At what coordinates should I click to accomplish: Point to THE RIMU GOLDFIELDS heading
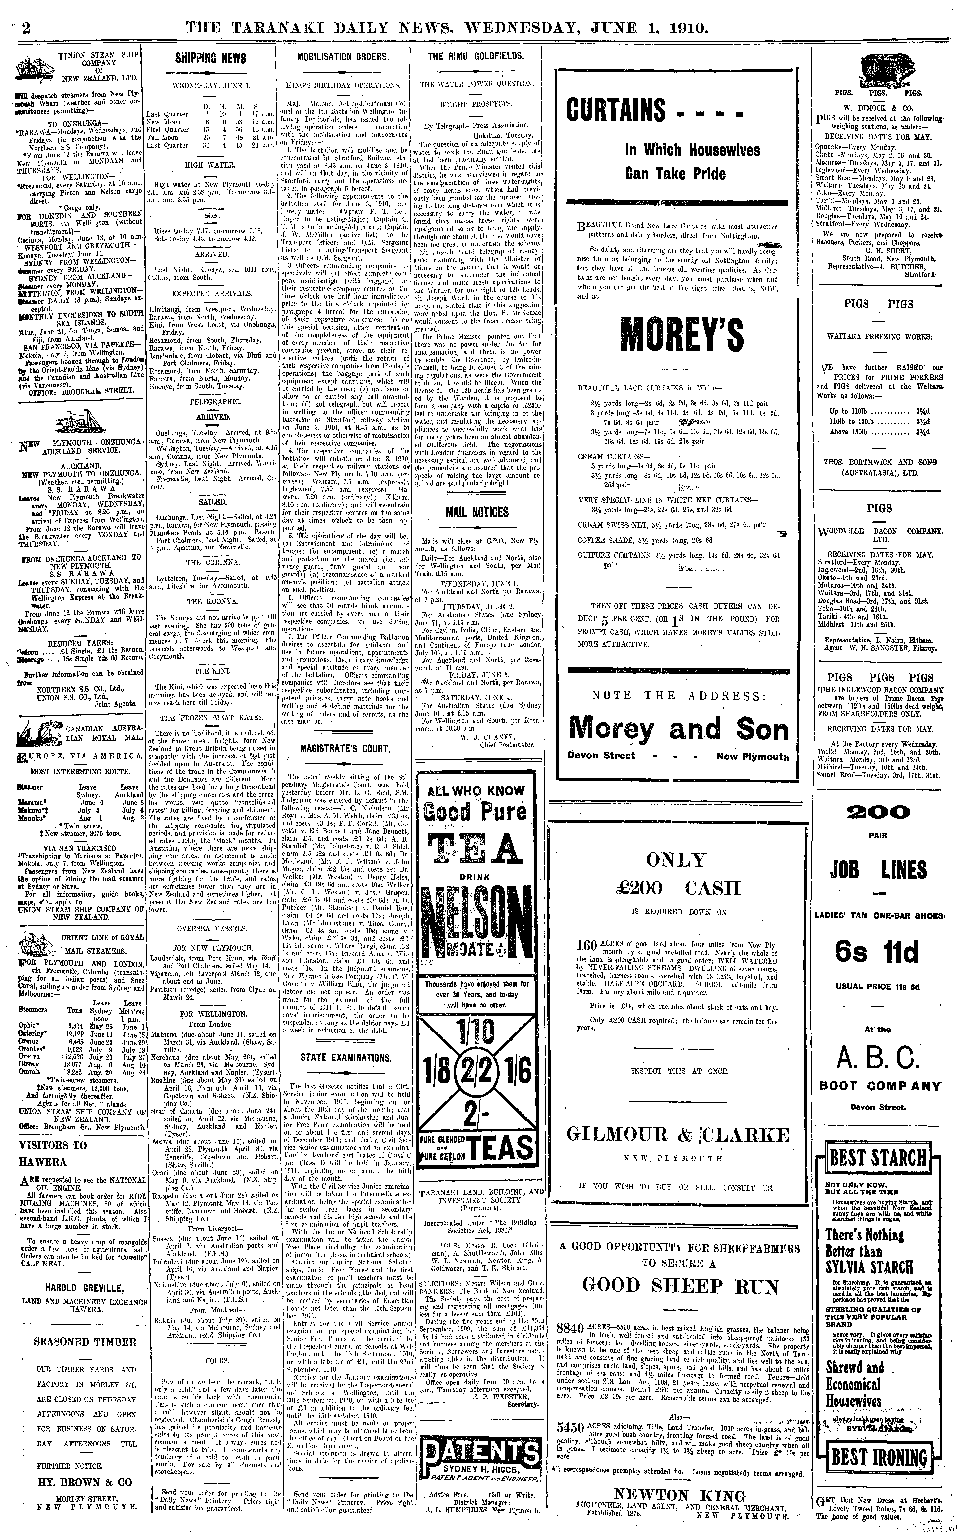tap(476, 56)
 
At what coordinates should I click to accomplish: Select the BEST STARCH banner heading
tap(877, 1157)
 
